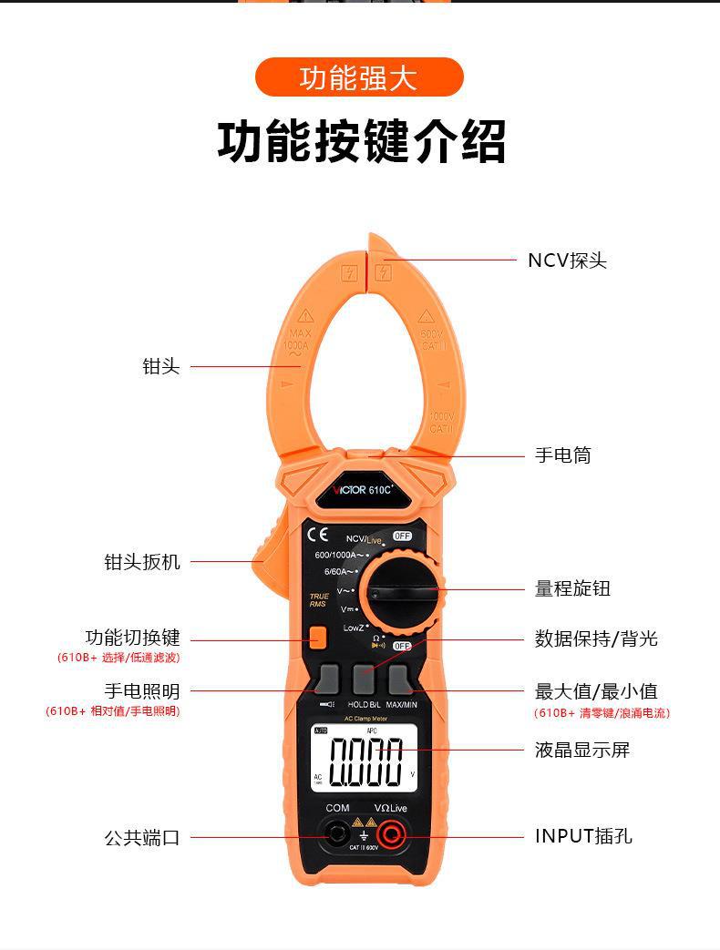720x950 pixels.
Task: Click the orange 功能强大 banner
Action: pyautogui.click(x=359, y=77)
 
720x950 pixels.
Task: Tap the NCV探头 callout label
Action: pyautogui.click(x=567, y=260)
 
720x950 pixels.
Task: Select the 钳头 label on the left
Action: pyautogui.click(x=161, y=367)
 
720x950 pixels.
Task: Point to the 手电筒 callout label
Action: pyautogui.click(x=562, y=455)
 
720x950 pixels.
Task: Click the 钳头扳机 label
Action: pyautogui.click(x=142, y=562)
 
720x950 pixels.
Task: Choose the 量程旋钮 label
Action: pyautogui.click(x=572, y=588)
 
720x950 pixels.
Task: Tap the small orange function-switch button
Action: pyautogui.click(x=317, y=638)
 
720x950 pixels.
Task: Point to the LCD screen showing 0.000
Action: pyautogui.click(x=365, y=758)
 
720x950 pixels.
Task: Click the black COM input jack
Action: pyautogui.click(x=337, y=832)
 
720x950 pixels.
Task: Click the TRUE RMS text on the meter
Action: pyautogui.click(x=318, y=600)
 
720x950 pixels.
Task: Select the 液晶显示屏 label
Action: pyautogui.click(x=581, y=751)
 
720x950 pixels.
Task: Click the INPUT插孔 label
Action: pyautogui.click(x=583, y=836)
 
